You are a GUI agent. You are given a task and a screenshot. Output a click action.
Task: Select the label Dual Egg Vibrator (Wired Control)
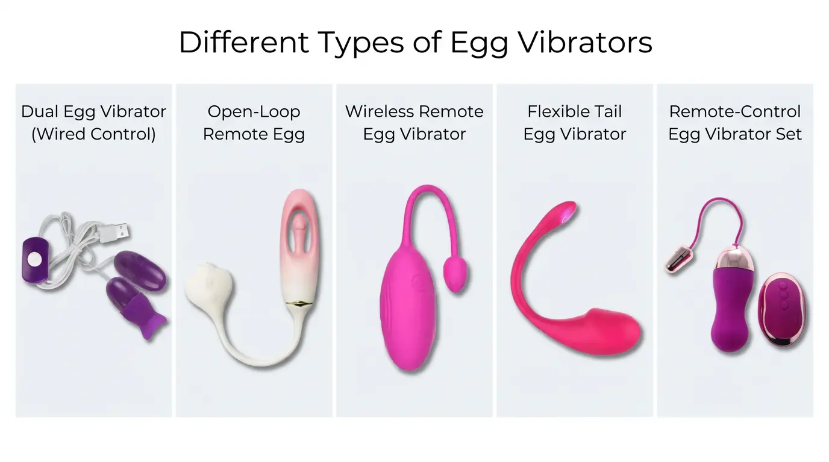(x=93, y=123)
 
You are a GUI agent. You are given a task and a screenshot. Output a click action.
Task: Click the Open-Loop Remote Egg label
(x=254, y=123)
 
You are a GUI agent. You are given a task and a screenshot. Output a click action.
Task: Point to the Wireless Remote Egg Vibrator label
(x=414, y=123)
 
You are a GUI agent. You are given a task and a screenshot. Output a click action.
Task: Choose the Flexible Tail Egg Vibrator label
(x=575, y=123)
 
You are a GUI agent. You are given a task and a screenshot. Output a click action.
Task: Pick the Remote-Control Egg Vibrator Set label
(x=735, y=123)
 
